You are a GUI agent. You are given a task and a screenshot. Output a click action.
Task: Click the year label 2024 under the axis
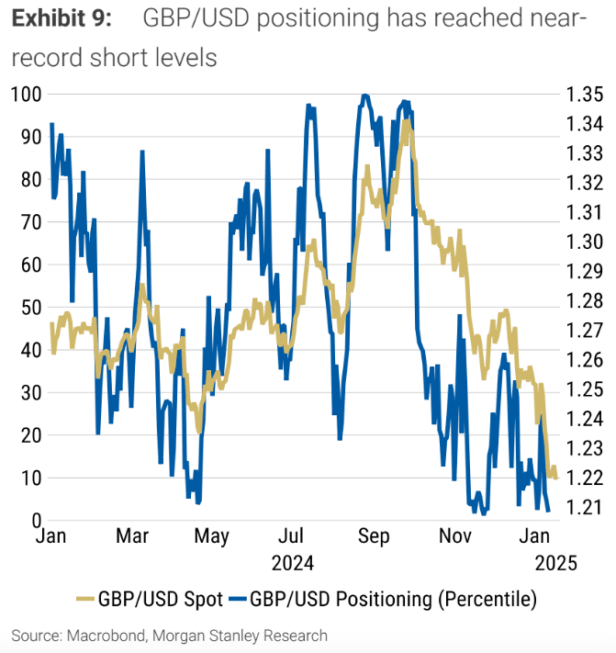click(292, 562)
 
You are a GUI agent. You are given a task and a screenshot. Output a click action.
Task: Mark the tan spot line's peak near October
click(406, 120)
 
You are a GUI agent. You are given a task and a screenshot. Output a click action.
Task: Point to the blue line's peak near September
click(364, 95)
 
